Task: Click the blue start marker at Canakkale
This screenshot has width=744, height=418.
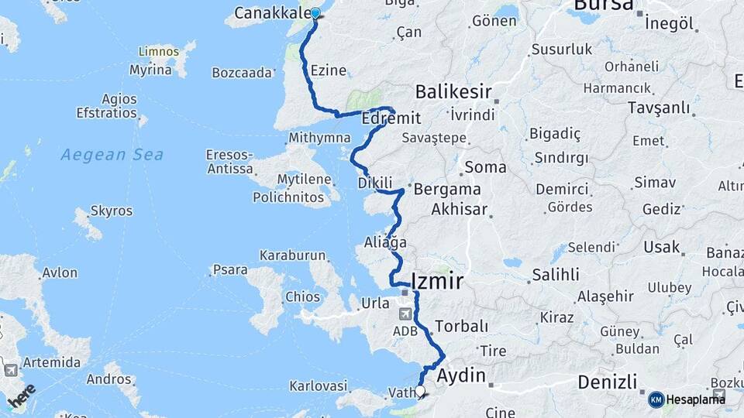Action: (x=315, y=13)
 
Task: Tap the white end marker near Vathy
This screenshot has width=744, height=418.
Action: (x=421, y=391)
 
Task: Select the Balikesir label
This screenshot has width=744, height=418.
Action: (x=453, y=93)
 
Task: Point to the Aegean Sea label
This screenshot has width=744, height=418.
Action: (x=112, y=155)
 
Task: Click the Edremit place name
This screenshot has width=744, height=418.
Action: (x=391, y=118)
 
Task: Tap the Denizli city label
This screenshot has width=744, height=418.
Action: (x=608, y=382)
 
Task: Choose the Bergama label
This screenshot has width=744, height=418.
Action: (x=447, y=189)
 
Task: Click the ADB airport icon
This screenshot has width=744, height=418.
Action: (x=406, y=314)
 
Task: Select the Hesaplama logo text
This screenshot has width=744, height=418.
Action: (x=695, y=399)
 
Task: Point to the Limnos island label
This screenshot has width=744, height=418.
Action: (x=157, y=53)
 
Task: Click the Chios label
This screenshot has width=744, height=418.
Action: (x=302, y=296)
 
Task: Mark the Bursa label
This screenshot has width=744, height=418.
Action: (x=604, y=8)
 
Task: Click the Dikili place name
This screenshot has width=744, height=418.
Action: (x=376, y=183)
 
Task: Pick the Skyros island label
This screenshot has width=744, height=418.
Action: (x=112, y=211)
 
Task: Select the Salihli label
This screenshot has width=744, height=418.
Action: (x=555, y=275)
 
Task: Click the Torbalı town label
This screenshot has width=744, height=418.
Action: (x=462, y=326)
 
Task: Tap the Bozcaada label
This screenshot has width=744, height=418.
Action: (x=243, y=73)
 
